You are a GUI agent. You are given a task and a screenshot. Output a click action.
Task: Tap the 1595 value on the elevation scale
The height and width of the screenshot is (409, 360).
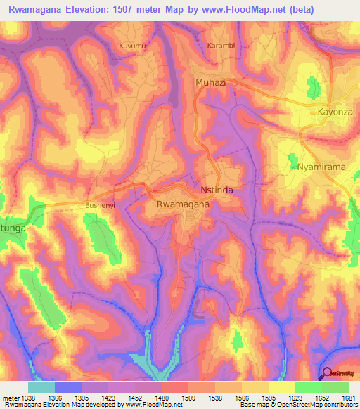coord(269,397)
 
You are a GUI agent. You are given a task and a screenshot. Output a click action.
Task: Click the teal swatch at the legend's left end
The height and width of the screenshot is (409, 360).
coord(41,387)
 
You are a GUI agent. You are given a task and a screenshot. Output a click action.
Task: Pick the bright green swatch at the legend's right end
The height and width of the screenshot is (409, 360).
coord(335,387)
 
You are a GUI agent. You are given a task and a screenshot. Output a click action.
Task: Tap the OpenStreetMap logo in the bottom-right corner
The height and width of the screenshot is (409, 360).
coord(339,373)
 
